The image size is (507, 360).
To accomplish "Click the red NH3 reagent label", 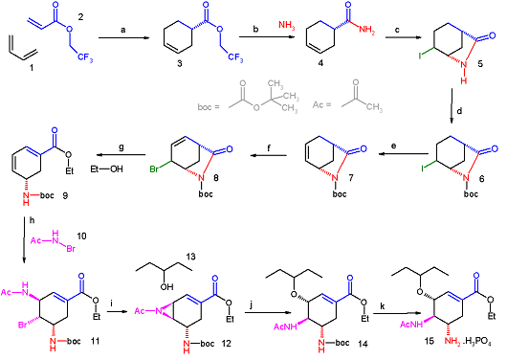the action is (x=287, y=25).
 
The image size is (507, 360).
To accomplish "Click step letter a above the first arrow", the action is (x=122, y=30).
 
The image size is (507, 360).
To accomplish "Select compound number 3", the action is (x=180, y=63).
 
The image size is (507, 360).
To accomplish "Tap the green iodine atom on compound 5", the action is (x=420, y=56).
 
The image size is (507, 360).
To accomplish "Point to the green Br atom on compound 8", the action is (x=154, y=169).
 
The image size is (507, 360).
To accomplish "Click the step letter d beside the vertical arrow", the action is (x=459, y=111).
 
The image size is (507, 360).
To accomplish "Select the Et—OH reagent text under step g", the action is (x=106, y=169).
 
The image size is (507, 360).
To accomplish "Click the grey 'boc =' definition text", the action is (x=209, y=106).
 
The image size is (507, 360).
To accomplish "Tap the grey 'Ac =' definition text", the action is (x=322, y=105).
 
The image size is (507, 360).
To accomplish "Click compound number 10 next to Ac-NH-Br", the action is (x=81, y=236).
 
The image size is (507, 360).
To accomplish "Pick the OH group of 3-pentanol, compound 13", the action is (x=166, y=286).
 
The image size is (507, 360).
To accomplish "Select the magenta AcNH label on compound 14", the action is (x=285, y=326).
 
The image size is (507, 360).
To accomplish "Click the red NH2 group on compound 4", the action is (x=366, y=30).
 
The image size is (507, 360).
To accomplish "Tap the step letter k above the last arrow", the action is (x=383, y=306).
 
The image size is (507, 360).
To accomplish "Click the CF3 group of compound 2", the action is (x=85, y=58).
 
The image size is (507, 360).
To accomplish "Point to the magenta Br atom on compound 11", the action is (x=22, y=325).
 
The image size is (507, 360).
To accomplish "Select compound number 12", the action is (x=227, y=343).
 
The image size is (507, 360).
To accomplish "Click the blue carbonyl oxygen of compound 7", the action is (x=364, y=148).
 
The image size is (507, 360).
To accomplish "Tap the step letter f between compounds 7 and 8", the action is (x=269, y=148).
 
